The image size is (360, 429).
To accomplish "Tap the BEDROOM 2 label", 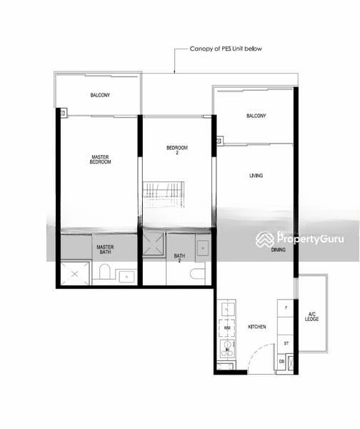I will point(176,149).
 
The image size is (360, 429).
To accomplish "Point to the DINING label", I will point(279,250).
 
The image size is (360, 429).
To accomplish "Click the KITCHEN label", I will point(257,327).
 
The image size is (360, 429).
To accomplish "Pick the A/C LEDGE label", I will point(312,316).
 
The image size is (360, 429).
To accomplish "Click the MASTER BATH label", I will point(105,250).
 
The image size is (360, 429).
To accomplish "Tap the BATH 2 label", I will point(179,258).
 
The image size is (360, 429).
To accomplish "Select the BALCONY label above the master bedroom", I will point(100,95).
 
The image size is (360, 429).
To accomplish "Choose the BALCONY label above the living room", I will point(256,116).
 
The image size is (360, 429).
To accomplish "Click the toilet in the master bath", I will point(104,272).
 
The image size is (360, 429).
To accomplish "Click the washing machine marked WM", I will point(227,327).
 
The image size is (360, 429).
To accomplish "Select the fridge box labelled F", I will point(286,307).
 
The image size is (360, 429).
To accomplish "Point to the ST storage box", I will point(286,344).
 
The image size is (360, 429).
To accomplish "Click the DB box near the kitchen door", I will point(281,362).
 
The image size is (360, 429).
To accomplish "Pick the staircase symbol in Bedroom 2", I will point(164,194).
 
